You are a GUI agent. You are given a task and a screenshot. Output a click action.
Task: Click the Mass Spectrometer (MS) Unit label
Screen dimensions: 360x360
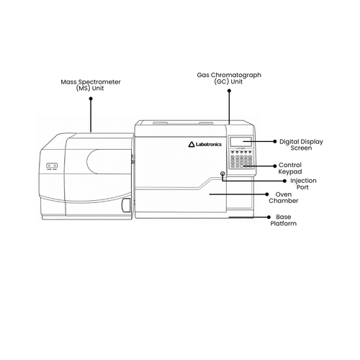(x=91, y=85)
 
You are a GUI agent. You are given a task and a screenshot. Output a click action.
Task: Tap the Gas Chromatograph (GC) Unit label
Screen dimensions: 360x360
(x=229, y=78)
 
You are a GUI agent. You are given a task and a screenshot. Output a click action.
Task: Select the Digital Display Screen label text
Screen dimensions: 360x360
(x=301, y=145)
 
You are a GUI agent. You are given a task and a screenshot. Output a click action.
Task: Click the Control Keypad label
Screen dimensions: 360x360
(x=290, y=168)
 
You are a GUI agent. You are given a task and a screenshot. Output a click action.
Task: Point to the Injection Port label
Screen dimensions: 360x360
(x=303, y=184)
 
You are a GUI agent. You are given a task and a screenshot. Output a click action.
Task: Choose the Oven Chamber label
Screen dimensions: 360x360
(x=284, y=197)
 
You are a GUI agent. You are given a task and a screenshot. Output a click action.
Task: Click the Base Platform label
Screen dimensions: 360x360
(x=284, y=220)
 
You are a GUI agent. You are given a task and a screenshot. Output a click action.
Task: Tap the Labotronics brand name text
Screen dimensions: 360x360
(x=209, y=144)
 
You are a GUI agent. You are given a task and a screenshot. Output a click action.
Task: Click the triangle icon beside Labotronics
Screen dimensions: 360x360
(x=192, y=144)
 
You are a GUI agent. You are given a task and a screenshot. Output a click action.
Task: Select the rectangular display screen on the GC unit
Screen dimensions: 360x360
(x=240, y=142)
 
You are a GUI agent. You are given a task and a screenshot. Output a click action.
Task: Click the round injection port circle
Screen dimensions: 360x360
(x=222, y=174)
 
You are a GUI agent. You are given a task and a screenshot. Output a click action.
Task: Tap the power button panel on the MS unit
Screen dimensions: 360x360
(x=52, y=166)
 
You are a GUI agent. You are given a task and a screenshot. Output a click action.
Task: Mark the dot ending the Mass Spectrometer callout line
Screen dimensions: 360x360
(x=91, y=99)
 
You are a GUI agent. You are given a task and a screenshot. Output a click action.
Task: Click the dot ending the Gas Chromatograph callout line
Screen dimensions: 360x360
(x=229, y=91)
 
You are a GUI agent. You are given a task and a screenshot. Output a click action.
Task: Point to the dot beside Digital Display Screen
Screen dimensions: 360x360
(x=275, y=142)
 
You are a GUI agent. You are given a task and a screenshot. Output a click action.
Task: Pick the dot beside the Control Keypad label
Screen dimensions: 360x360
(x=275, y=166)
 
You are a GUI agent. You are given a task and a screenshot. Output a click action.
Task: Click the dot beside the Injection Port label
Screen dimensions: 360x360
(x=284, y=181)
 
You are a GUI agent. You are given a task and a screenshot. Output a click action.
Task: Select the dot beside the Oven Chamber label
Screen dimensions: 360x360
(x=267, y=194)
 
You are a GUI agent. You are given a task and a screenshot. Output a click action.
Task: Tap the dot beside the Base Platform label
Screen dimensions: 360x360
(x=269, y=217)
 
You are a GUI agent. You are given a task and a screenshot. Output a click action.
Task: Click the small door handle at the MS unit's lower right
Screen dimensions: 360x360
(x=126, y=205)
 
